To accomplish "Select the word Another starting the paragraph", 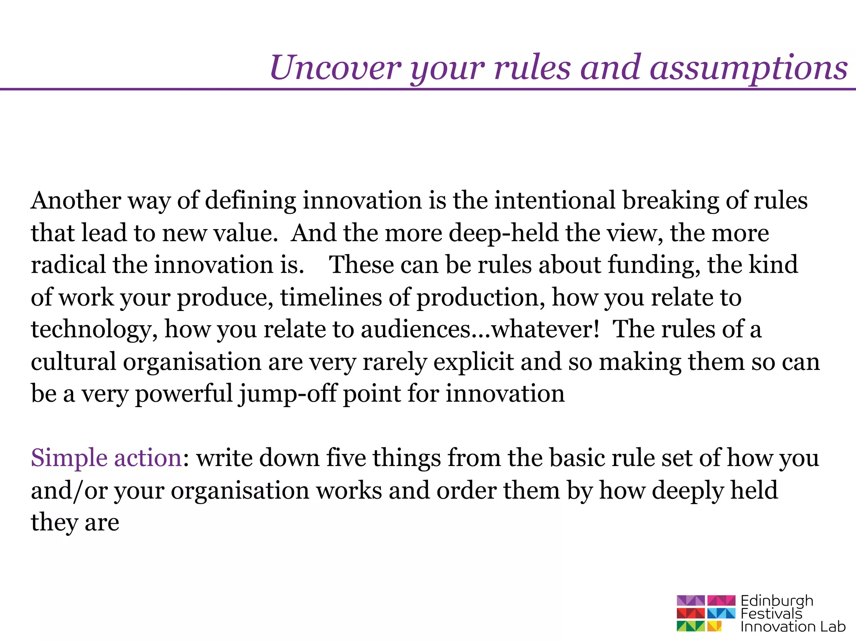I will (x=76, y=200).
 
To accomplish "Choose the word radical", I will (x=68, y=265).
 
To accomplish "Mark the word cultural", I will (x=73, y=362).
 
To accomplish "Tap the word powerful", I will (x=183, y=394).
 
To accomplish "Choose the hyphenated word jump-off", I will (x=288, y=394).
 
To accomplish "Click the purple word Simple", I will (x=69, y=459).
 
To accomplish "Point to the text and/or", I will (x=69, y=491).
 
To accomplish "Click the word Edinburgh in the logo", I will (x=777, y=601).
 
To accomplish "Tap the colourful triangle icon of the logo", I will (x=706, y=613).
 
